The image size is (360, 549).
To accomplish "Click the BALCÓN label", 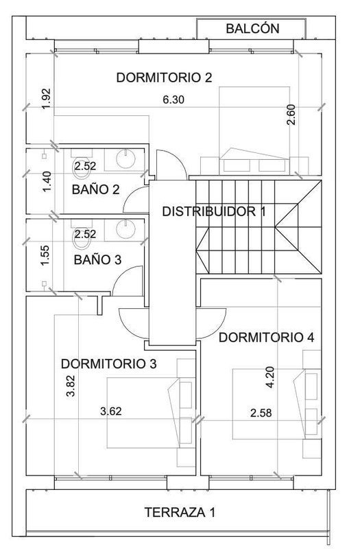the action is pyautogui.click(x=252, y=28).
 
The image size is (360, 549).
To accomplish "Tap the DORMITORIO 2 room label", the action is pyautogui.click(x=164, y=78).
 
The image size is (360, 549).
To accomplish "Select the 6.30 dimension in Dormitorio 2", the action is pyautogui.click(x=173, y=100).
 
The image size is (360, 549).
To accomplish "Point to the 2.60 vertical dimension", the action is pyautogui.click(x=291, y=115).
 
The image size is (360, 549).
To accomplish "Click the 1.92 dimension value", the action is pyautogui.click(x=46, y=99).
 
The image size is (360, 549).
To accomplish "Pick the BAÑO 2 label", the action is pyautogui.click(x=95, y=189).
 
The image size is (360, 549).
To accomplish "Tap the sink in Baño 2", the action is pyautogui.click(x=125, y=159).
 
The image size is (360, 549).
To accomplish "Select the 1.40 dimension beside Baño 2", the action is pyautogui.click(x=47, y=181).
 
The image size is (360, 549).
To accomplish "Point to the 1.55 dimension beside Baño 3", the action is pyautogui.click(x=45, y=255).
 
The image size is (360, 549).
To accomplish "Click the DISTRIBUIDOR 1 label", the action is pyautogui.click(x=214, y=211).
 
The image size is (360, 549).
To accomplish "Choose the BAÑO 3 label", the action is pyautogui.click(x=97, y=260).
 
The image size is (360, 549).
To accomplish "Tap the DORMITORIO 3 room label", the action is pyautogui.click(x=109, y=364).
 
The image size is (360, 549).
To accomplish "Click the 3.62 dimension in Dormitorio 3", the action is pyautogui.click(x=111, y=410).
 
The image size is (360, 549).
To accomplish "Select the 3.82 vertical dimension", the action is pyautogui.click(x=71, y=386).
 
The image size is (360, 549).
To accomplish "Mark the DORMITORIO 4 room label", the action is pyautogui.click(x=266, y=337).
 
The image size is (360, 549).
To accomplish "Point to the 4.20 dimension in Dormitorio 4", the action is pyautogui.click(x=270, y=377).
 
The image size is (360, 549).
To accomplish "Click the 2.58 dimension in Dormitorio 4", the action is pyautogui.click(x=261, y=413).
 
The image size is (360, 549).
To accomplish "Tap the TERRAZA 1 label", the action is pyautogui.click(x=180, y=512).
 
